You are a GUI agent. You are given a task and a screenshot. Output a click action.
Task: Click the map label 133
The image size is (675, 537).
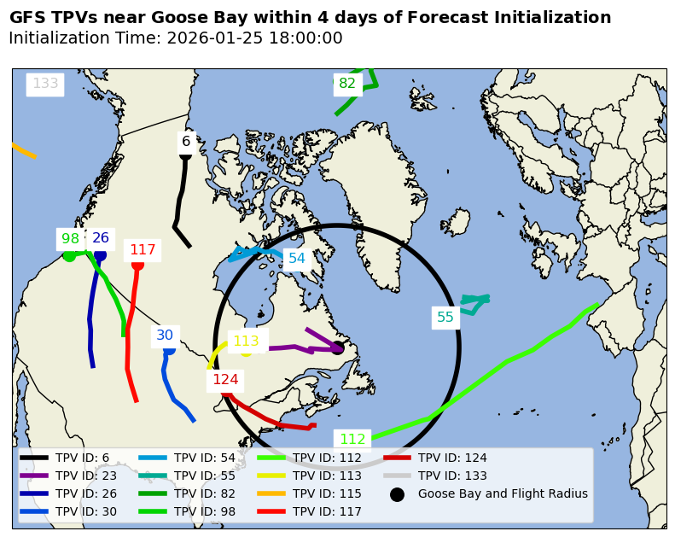[x=45, y=84]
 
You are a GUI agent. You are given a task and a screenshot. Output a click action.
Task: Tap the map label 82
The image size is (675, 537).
[x=347, y=84]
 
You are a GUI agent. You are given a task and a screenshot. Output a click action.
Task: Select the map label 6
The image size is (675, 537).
[x=186, y=141]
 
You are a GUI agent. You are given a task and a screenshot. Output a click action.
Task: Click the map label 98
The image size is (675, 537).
[x=70, y=238]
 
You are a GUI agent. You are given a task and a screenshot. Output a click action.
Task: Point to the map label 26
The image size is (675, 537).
[x=101, y=238]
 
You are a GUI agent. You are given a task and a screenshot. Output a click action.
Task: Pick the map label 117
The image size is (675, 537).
[x=143, y=250]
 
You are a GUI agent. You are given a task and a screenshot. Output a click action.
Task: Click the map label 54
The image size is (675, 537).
[x=296, y=258]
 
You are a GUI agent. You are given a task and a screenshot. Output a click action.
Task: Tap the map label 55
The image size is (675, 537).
[x=445, y=318]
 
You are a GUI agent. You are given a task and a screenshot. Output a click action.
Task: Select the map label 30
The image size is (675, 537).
[x=165, y=336]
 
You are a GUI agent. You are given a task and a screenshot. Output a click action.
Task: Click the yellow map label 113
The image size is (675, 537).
[x=246, y=341]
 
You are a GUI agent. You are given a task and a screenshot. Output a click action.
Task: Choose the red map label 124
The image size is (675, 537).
[x=225, y=380]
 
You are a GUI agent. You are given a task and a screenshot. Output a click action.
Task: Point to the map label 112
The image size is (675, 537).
[x=352, y=440]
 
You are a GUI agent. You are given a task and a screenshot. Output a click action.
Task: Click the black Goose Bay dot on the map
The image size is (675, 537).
[x=337, y=347]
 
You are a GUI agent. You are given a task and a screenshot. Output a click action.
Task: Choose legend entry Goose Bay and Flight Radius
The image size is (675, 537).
[x=503, y=493]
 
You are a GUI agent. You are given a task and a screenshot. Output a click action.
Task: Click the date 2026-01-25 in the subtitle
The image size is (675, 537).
[x=210, y=38]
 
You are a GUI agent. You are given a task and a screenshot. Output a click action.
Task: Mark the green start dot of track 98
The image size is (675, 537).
[x=69, y=255]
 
